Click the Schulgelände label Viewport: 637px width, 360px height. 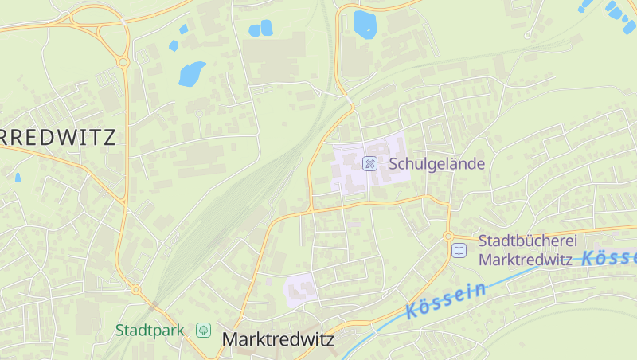click(436, 164)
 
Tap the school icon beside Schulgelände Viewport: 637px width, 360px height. click(369, 164)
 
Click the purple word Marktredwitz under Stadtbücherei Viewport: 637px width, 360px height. click(527, 259)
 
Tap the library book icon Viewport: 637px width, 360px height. click(459, 251)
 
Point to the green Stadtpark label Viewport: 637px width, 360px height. click(150, 330)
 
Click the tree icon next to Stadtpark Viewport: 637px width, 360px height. click(204, 330)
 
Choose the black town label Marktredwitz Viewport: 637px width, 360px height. click(278, 339)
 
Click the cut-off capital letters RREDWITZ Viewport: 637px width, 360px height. click(58, 137)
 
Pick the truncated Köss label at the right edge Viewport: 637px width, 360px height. click(609, 257)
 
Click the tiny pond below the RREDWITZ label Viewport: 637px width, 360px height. click(18, 177)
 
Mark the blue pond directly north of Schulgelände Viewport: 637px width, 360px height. click(365, 24)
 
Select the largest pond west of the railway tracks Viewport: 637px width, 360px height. click(191, 73)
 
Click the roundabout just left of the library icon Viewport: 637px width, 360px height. click(448, 237)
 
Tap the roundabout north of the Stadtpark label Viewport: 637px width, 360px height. click(135, 290)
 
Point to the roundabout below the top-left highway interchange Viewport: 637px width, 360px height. click(123, 61)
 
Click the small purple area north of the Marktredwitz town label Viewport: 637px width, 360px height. click(301, 290)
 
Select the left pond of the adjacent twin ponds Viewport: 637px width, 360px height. click(255, 30)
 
